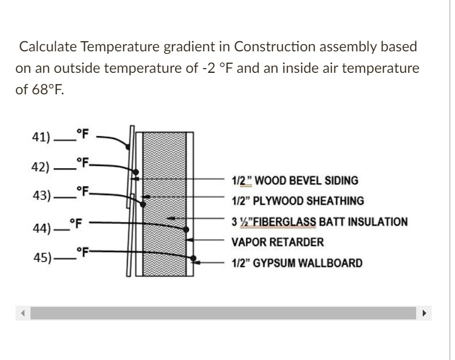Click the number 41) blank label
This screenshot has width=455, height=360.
point(59,136)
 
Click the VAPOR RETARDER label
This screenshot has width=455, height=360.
point(278,242)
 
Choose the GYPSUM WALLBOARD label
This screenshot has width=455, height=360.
point(296,263)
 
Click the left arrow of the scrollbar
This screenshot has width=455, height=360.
point(23,314)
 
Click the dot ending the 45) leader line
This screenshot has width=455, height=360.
point(195,259)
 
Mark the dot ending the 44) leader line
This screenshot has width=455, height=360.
point(187,229)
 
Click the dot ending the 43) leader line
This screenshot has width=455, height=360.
point(143,204)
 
